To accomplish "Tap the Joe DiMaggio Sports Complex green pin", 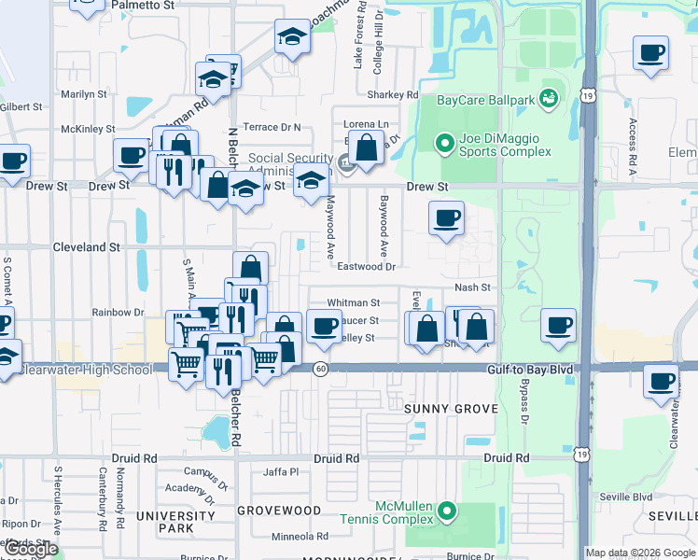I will pyautogui.click(x=446, y=143).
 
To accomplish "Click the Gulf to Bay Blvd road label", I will pyautogui.click(x=528, y=370).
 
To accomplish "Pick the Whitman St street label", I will pyautogui.click(x=354, y=303).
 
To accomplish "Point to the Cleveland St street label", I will pyautogui.click(x=88, y=248).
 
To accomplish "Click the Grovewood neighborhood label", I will pyautogui.click(x=278, y=511).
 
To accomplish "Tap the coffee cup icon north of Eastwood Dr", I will pyautogui.click(x=446, y=217).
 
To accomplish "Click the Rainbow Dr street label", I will pyautogui.click(x=118, y=313).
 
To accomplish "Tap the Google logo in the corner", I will pyautogui.click(x=31, y=549).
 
